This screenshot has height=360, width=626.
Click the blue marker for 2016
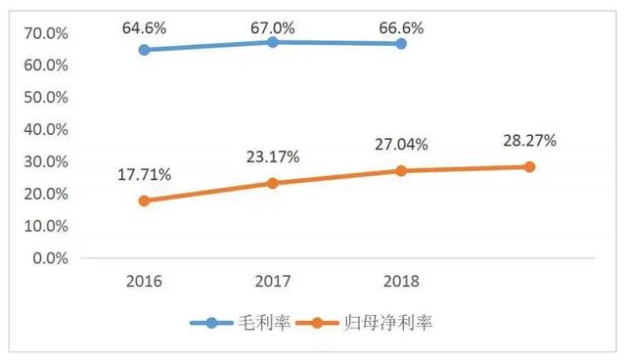145,50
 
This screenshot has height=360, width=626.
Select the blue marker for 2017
273,42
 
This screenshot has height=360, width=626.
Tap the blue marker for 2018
401,44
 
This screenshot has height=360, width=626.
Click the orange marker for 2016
145,201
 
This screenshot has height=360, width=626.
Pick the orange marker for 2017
273,183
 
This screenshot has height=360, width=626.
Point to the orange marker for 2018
401,170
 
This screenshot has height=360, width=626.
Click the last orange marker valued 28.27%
529,166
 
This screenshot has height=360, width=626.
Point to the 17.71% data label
145,175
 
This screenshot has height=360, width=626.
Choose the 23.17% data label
273,157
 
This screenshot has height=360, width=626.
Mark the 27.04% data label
401,145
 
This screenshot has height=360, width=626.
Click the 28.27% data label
529,141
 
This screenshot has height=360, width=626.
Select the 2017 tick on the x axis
273,282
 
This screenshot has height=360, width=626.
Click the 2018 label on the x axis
401,282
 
